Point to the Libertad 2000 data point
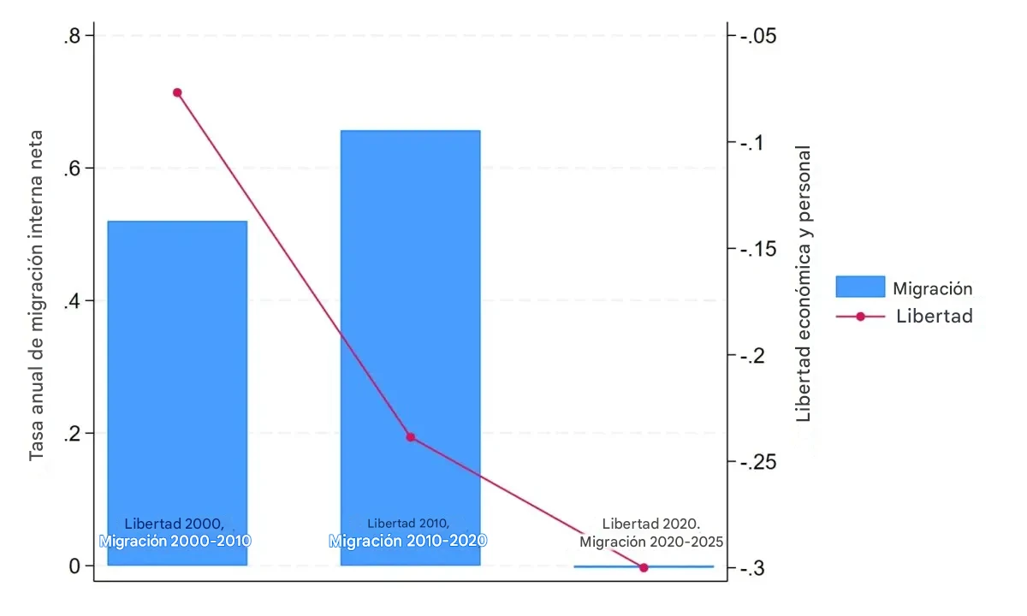(177, 92)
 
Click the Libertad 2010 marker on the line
(410, 437)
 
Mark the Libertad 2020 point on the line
(644, 567)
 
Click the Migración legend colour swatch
(860, 287)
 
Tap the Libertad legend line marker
(860, 317)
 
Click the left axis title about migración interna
(37, 295)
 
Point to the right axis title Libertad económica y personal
(804, 283)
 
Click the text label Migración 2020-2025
(651, 542)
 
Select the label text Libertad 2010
(408, 523)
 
